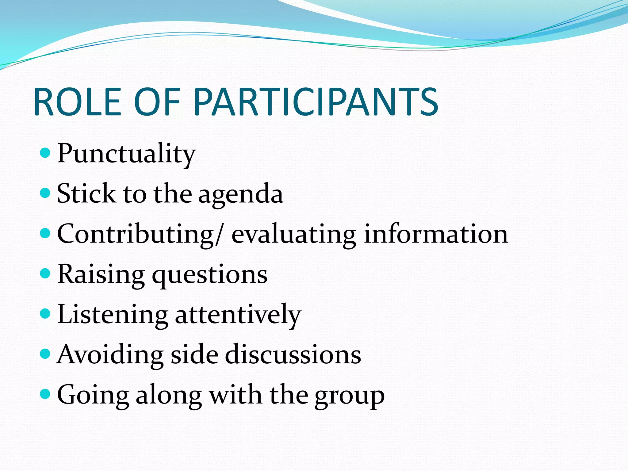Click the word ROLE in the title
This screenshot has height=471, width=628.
coord(78,102)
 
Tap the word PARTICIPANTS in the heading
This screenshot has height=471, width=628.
coord(316,102)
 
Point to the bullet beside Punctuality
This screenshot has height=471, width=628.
coord(45,152)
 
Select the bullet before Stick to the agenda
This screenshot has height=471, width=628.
coord(45,193)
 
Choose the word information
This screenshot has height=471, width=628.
coord(436,234)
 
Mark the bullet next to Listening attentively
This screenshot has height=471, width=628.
coord(45,313)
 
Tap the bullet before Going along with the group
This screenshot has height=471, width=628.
coord(45,394)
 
